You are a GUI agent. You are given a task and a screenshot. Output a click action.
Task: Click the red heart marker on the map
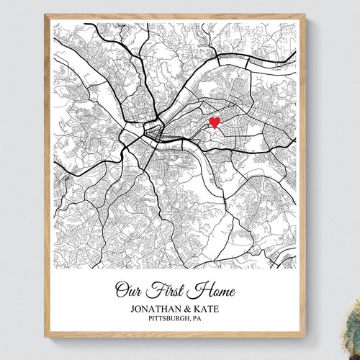point(214,122)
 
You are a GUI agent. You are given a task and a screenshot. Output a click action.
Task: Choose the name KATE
point(215,307)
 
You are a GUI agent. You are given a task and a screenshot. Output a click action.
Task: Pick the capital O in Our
point(122,289)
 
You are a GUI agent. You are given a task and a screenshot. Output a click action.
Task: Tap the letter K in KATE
point(204,307)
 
